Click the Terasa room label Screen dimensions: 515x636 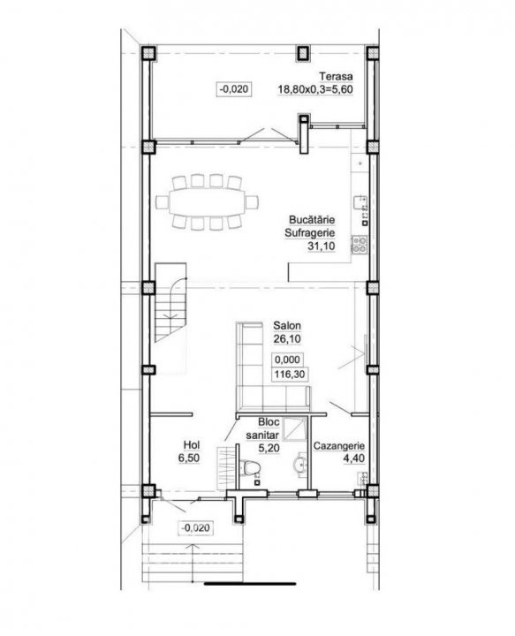336,76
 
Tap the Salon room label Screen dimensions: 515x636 287,325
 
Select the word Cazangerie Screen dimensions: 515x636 339,446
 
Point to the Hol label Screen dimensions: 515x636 192,445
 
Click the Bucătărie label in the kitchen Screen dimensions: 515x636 312,219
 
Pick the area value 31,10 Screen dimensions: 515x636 322,246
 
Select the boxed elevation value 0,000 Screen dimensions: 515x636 287,360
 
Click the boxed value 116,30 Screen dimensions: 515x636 290,374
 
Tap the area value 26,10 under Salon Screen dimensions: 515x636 287,338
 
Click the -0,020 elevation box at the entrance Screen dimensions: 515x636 196,527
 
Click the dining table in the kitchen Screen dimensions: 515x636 208,202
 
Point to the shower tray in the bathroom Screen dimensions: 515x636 295,428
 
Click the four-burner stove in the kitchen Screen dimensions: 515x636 360,245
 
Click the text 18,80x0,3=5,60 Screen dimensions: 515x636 315,89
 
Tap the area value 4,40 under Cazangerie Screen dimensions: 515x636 353,458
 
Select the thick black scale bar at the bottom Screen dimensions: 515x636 250,584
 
